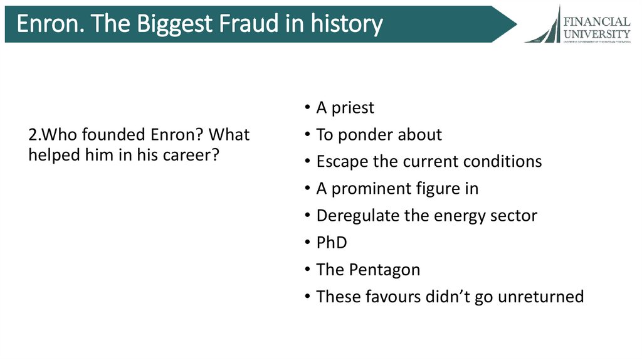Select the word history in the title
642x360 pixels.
click(344, 24)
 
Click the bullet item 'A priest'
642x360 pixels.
click(345, 108)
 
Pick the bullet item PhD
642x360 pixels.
click(332, 242)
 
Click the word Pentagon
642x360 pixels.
click(384, 270)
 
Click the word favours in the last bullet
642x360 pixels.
click(389, 297)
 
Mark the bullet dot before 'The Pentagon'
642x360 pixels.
click(307, 270)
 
